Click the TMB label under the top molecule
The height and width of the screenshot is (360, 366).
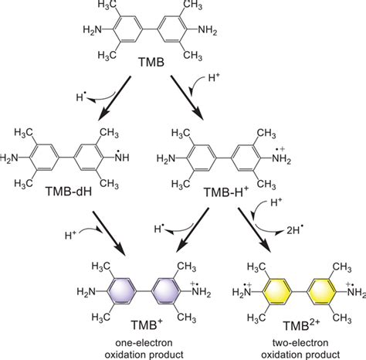click(x=151, y=63)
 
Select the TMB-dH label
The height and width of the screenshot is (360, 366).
click(x=69, y=191)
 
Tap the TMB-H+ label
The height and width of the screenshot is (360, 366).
click(x=226, y=192)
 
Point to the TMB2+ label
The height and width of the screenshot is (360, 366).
click(x=301, y=324)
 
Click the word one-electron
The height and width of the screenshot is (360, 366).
click(x=144, y=343)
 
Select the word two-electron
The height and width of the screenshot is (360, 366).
click(x=300, y=343)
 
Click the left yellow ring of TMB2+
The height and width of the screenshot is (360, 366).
click(x=277, y=292)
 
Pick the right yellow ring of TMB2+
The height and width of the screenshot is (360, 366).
click(x=322, y=292)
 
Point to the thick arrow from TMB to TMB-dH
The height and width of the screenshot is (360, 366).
click(x=114, y=98)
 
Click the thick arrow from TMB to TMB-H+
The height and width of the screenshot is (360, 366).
click(x=187, y=98)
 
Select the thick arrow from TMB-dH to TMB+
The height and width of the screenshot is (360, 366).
click(x=109, y=233)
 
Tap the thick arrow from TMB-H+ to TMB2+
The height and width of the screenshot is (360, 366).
click(x=255, y=229)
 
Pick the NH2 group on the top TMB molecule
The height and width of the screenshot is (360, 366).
click(x=208, y=31)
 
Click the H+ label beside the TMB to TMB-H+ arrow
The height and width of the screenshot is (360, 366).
click(x=214, y=77)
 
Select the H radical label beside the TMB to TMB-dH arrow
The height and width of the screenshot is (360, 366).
click(x=80, y=97)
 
